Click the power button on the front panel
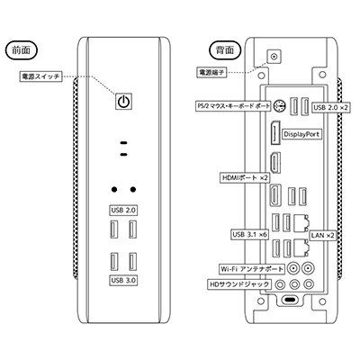[x=123, y=101]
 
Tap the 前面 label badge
[x=22, y=49]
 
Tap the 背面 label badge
[x=225, y=49]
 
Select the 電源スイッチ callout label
[x=40, y=76]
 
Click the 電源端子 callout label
[x=211, y=72]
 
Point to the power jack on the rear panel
[x=274, y=56]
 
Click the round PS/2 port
[x=279, y=106]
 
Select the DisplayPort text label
[x=301, y=134]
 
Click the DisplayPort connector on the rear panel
[x=274, y=133]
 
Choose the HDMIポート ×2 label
[x=245, y=177]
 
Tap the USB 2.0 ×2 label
[x=331, y=107]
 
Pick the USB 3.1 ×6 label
[x=249, y=235]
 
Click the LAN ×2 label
[x=322, y=236]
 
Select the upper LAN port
[x=301, y=222]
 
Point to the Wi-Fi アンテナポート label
[x=252, y=269]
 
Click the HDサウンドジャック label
[x=238, y=284]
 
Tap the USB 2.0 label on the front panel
[x=123, y=211]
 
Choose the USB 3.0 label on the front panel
[x=123, y=281]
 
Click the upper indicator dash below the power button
[x=123, y=143]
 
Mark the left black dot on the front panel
[x=114, y=189]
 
